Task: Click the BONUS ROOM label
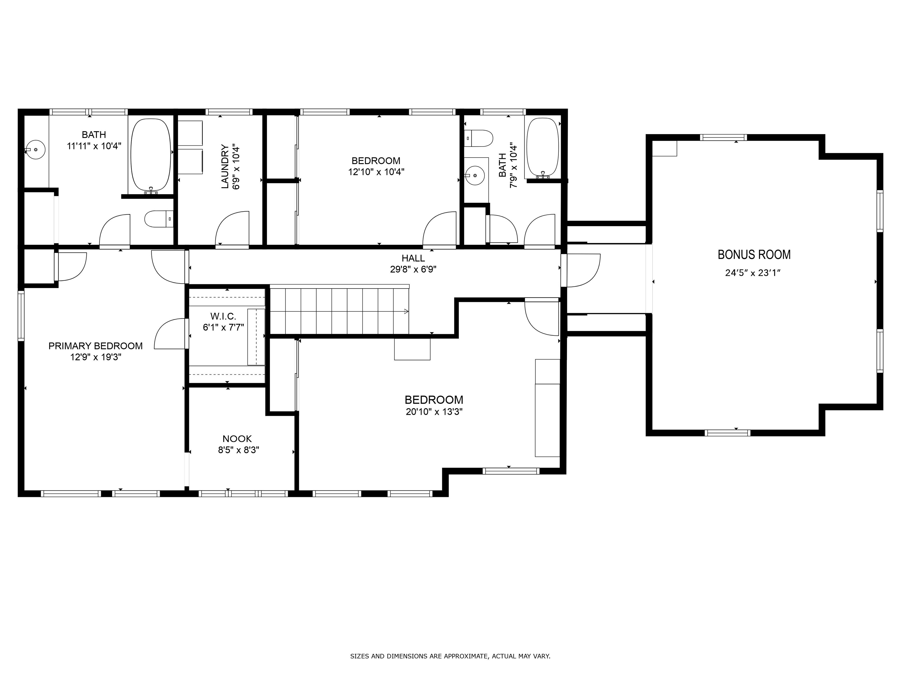(x=754, y=255)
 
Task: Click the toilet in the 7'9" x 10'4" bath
(x=479, y=138)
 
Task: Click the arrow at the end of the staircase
(x=406, y=312)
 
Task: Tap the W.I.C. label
(x=223, y=316)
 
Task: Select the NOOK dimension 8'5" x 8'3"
(x=238, y=450)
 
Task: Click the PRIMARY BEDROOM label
(x=95, y=346)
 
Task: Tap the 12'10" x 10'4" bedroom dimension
(x=376, y=172)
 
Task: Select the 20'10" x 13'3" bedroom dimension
(x=434, y=412)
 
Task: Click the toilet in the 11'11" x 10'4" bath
(x=159, y=219)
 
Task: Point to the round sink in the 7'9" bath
(x=475, y=175)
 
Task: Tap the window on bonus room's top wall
(x=723, y=137)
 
